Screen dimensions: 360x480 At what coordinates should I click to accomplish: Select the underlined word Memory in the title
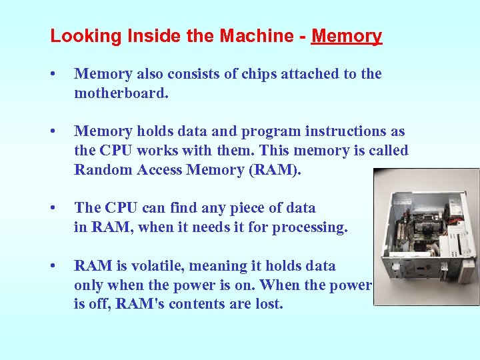click(x=346, y=36)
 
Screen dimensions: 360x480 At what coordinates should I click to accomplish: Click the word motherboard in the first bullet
click(x=121, y=93)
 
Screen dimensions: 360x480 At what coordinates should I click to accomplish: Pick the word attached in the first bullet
click(x=303, y=74)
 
